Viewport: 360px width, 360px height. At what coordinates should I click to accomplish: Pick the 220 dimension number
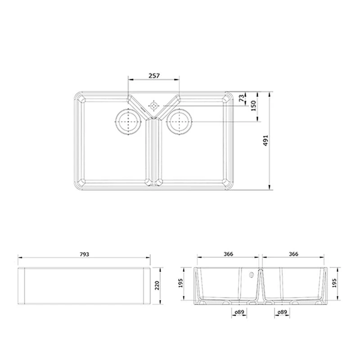(157, 286)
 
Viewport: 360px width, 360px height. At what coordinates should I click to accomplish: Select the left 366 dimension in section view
(228, 254)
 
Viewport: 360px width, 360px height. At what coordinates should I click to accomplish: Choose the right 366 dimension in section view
(293, 254)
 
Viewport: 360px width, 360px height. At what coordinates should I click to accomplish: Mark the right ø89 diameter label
(282, 312)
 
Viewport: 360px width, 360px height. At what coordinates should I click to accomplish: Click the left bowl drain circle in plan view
(129, 121)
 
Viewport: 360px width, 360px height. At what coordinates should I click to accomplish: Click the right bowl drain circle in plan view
(179, 121)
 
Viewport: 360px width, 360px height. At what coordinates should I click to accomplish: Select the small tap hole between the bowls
(154, 105)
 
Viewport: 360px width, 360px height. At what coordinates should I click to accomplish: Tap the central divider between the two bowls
(154, 151)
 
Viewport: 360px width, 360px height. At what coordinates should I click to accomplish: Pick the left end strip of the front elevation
(21, 286)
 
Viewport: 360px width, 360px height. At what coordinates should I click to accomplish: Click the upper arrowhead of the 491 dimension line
(270, 95)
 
